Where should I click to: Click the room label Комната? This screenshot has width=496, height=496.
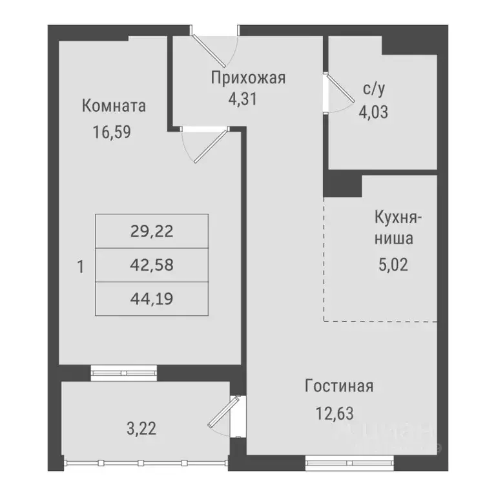coord(114,106)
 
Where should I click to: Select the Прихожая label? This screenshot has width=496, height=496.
coord(248,79)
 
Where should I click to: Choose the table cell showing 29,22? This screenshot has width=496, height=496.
coord(152,231)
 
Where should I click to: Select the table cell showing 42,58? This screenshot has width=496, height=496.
coord(152,265)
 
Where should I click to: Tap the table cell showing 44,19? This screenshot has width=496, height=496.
coord(152,299)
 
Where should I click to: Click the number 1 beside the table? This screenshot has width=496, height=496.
coord(80,266)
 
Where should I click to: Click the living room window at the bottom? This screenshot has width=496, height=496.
coord(349,461)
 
